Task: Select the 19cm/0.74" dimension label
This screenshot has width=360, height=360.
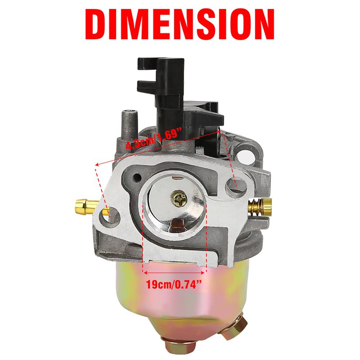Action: pyautogui.click(x=174, y=285)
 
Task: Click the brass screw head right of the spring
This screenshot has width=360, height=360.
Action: pyautogui.click(x=268, y=207)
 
